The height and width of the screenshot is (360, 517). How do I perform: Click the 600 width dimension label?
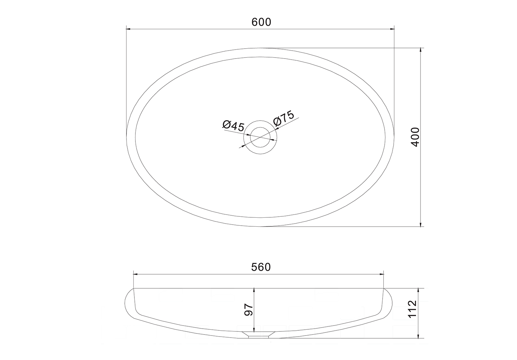(x=261, y=22)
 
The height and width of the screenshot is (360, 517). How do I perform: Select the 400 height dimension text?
(x=415, y=137)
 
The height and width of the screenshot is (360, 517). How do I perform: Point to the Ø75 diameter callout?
(x=284, y=118)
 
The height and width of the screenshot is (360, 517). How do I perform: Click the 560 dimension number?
(x=261, y=267)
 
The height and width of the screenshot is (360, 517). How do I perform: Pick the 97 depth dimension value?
(x=249, y=310)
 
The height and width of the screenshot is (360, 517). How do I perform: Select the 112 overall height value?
(x=412, y=309)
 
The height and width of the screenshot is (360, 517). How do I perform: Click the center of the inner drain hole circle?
(x=260, y=137)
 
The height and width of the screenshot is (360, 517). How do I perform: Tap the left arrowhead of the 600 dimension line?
(x=128, y=29)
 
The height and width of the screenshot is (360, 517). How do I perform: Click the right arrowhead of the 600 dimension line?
(x=392, y=29)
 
